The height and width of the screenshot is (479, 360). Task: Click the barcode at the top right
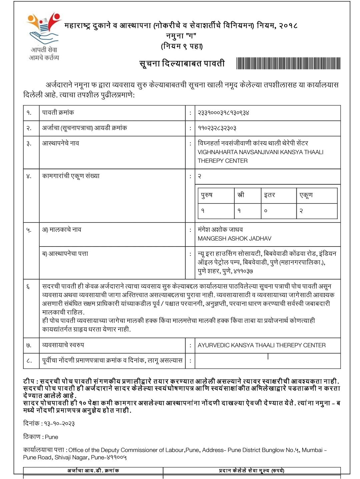coord(288,63)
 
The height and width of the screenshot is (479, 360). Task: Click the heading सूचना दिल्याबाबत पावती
coord(182,63)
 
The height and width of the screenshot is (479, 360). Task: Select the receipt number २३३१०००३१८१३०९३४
coord(223,113)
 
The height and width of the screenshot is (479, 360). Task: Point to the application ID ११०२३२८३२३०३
coord(217,128)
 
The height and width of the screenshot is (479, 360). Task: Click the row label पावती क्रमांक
coord(58,113)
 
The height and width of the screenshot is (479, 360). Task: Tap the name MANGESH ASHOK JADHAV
coord(234,238)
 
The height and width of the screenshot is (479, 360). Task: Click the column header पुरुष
coord(207,195)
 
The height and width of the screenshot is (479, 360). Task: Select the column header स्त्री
coord(240,195)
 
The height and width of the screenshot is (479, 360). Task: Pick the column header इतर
coord(269,195)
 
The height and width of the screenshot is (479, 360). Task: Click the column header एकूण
coord(306,195)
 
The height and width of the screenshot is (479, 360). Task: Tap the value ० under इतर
coord(266,211)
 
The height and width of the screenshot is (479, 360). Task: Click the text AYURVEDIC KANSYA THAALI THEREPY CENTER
coord(261,345)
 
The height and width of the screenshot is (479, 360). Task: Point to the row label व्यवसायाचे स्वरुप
coord(63,345)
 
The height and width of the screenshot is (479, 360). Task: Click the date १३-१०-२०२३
coord(59,424)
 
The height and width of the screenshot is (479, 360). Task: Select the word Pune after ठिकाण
coord(51,437)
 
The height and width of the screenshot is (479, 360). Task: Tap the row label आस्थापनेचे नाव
coord(60,143)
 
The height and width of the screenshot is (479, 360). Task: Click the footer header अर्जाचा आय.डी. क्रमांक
coord(93,471)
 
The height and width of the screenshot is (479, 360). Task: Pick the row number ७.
coord(29,346)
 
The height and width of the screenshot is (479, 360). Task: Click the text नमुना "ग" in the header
coord(181,36)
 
